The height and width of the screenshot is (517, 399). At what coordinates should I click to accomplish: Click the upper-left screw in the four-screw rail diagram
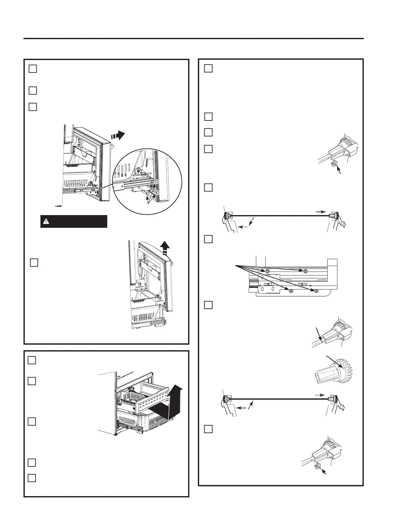267,272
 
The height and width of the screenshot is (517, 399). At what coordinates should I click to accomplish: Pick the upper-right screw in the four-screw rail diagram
305,272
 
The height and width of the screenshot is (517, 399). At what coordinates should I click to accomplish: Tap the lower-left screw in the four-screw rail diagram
291,291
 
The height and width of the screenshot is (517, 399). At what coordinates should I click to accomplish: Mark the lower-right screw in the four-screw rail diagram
316,291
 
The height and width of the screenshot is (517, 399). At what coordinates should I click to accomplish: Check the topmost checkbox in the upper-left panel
33,69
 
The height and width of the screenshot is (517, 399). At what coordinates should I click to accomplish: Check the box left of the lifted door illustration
34,262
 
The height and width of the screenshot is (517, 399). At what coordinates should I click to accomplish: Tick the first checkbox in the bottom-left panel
32,360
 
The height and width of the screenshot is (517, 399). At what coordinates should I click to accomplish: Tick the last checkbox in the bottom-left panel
32,478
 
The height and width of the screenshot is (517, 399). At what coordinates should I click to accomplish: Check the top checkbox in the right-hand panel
209,69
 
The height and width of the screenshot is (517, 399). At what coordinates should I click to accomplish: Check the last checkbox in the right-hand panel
209,429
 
